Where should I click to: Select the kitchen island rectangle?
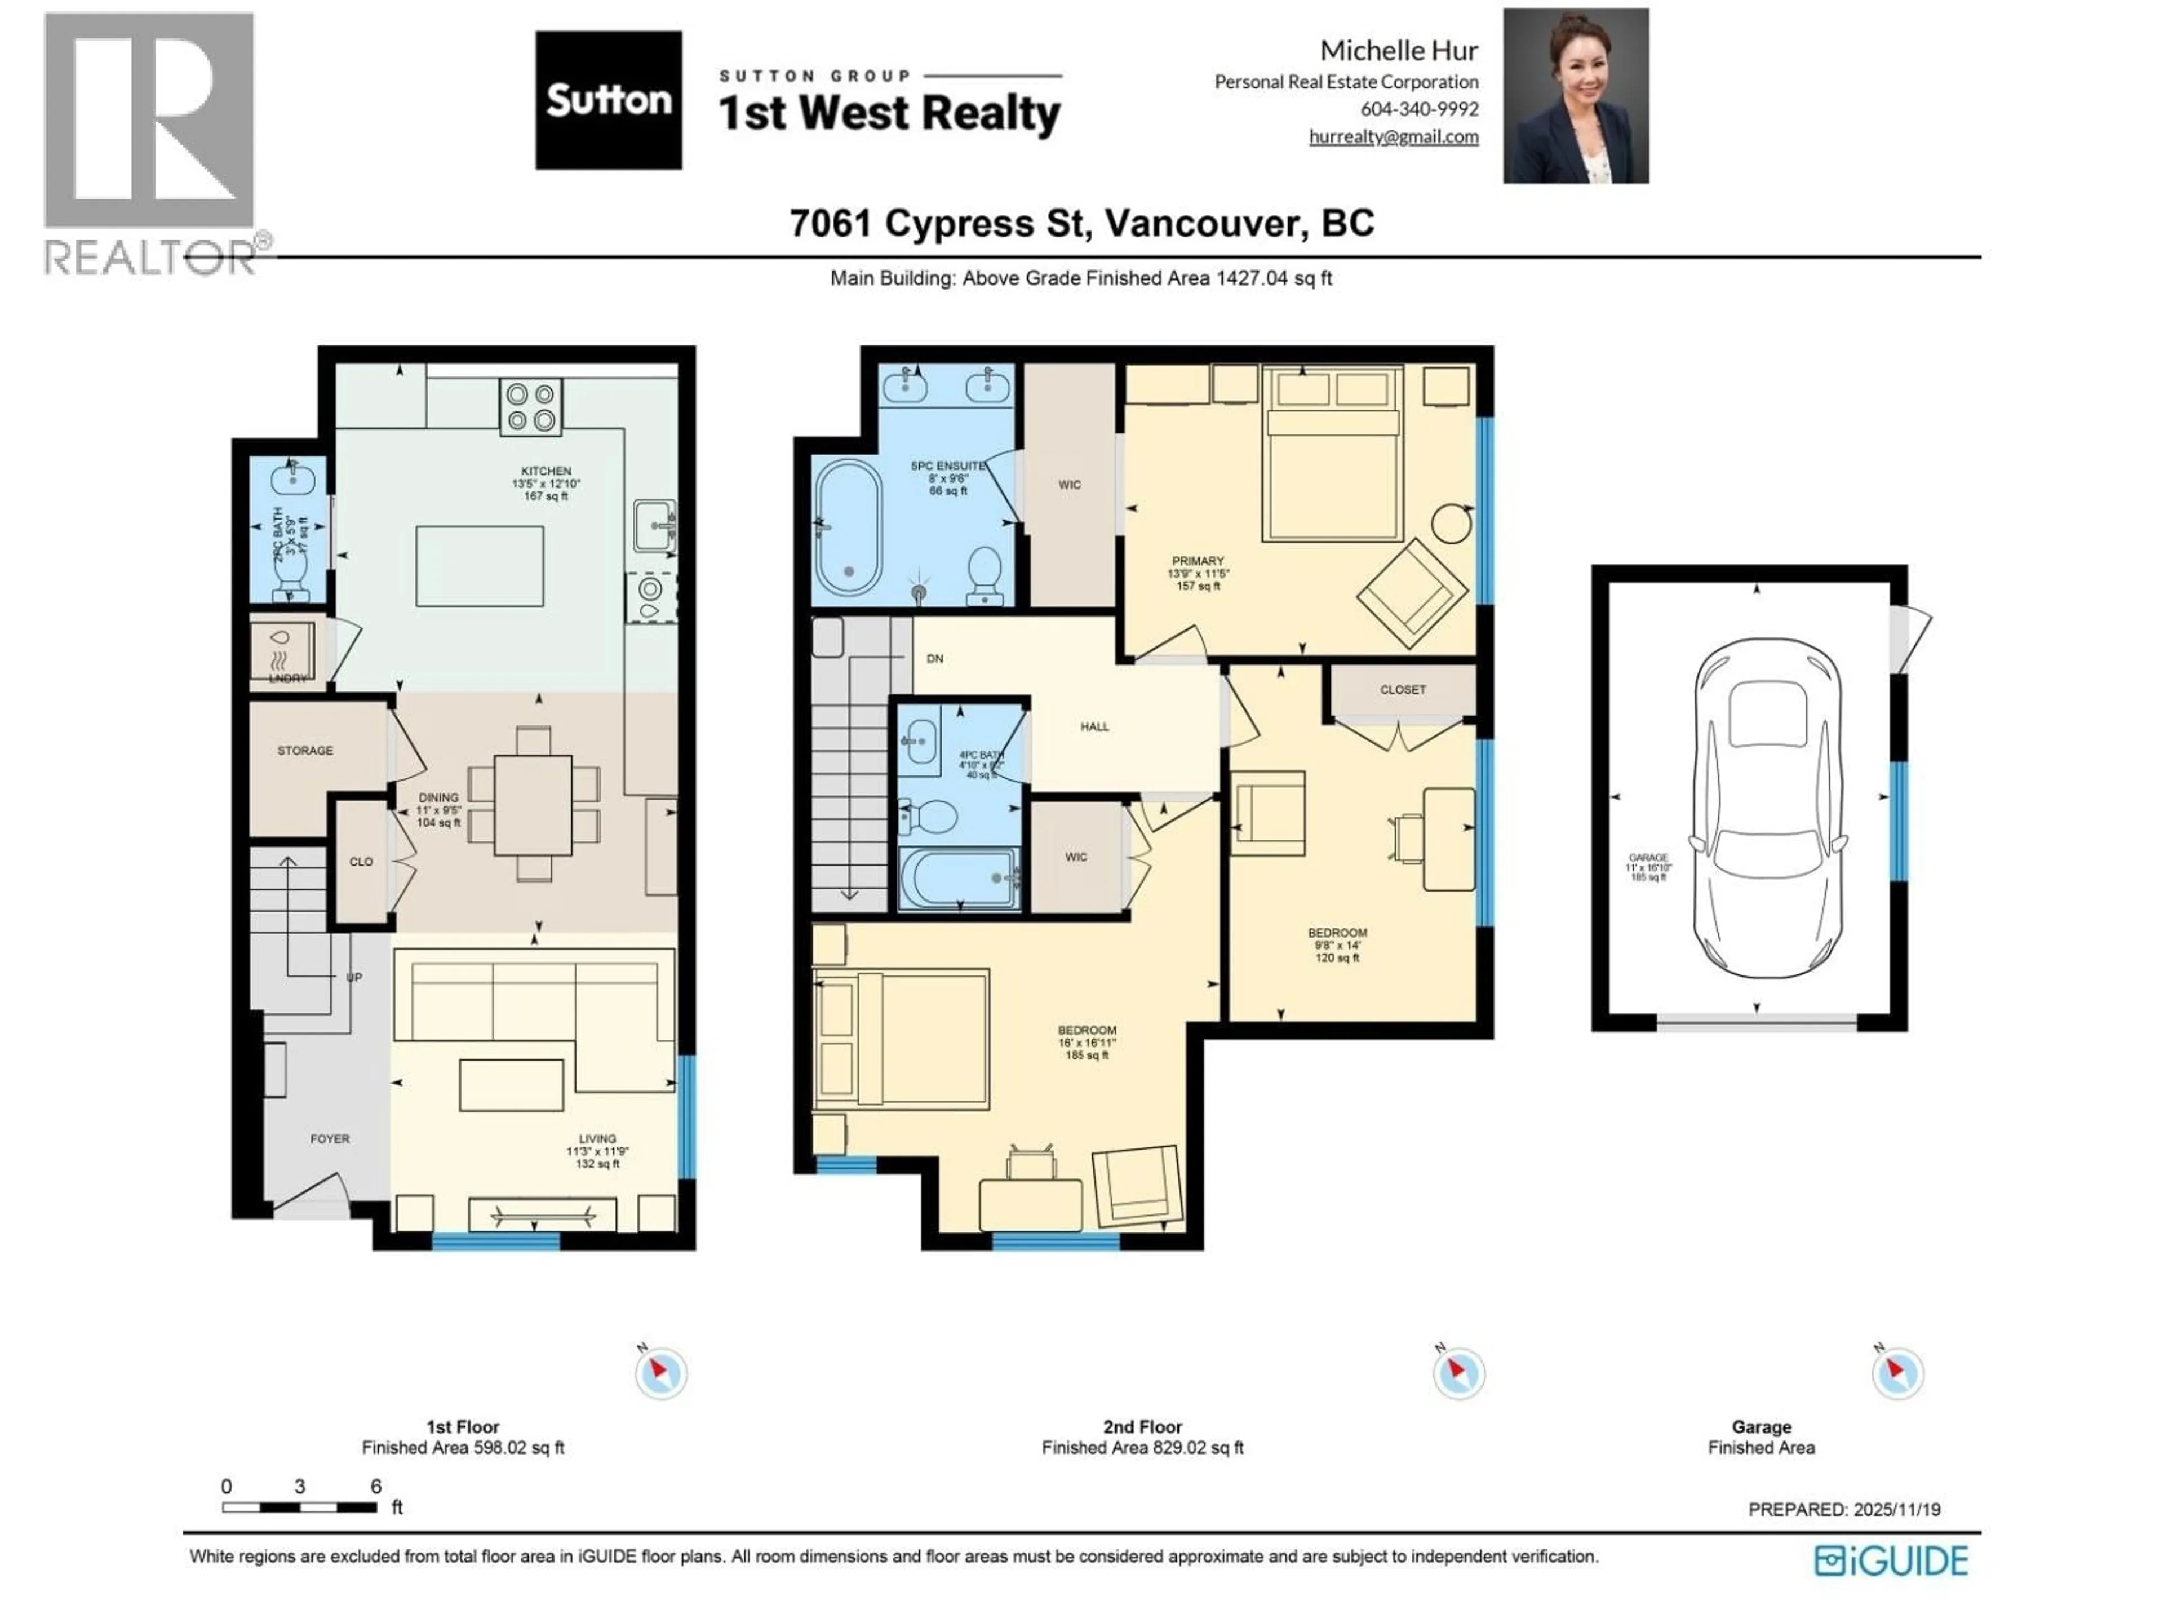point(480,566)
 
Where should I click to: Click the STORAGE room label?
point(305,751)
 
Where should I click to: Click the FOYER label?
point(330,1139)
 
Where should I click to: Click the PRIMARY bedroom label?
point(1198,561)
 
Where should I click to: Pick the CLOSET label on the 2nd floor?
point(1403,690)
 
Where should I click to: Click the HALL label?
point(1095,727)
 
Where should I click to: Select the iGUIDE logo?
point(1890,1560)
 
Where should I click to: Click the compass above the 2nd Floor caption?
point(1458,1373)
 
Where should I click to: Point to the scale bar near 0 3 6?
point(299,1507)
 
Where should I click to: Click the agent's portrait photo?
point(1575,96)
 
